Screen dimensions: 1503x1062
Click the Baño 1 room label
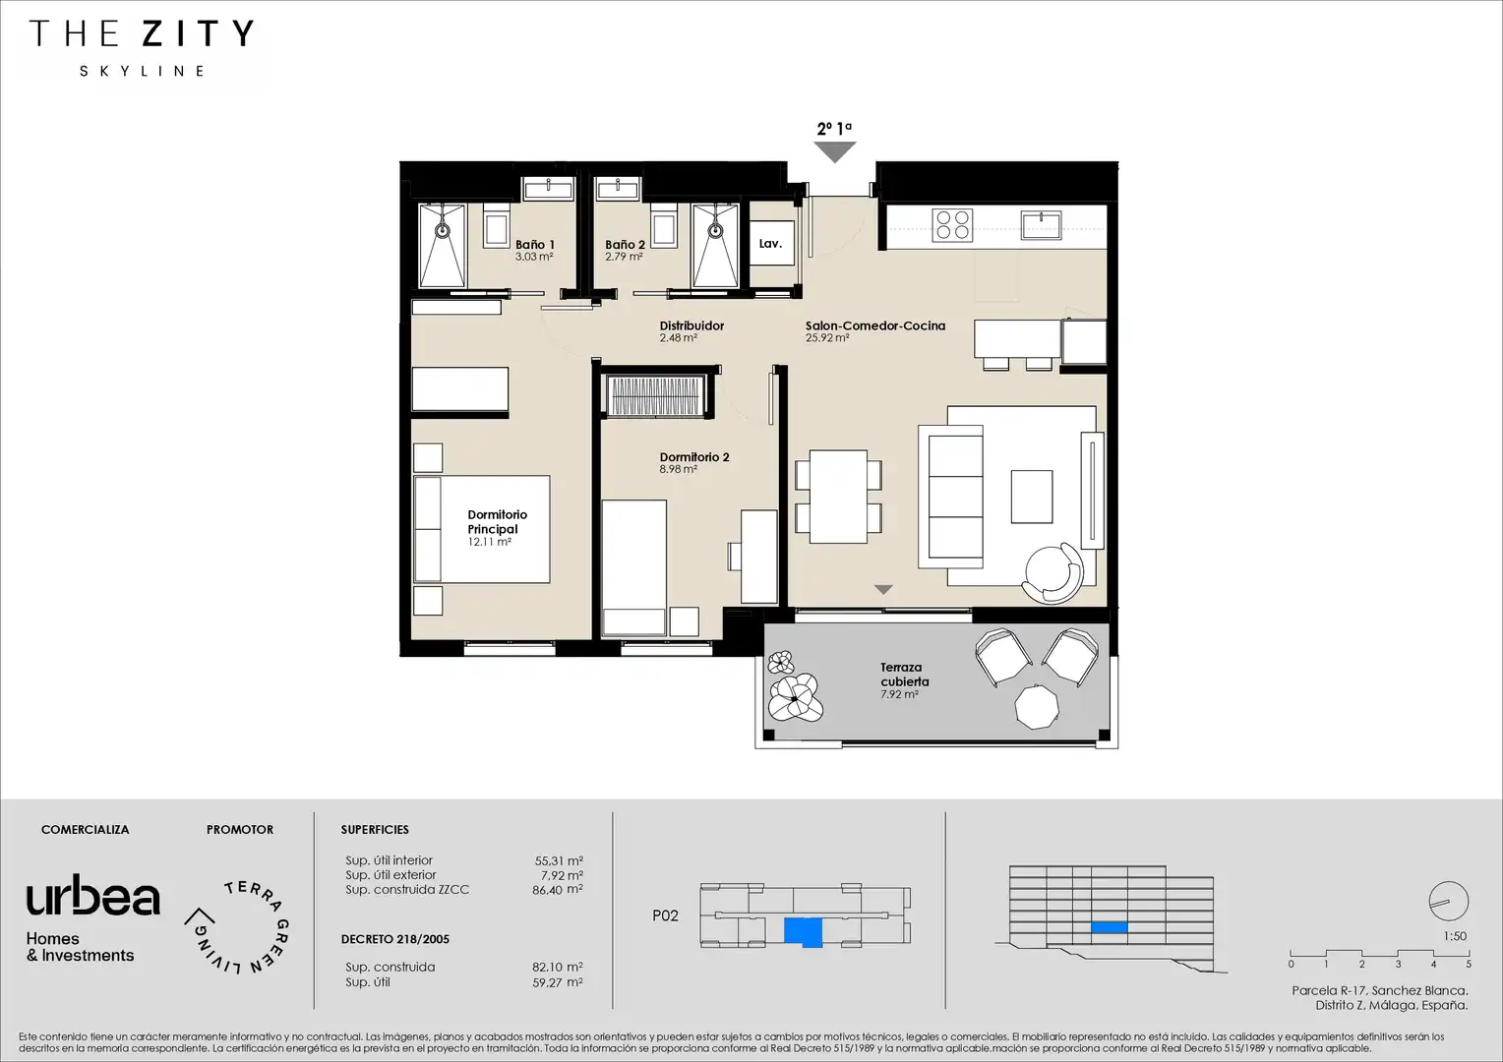point(535,245)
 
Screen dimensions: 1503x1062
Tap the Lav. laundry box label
point(770,244)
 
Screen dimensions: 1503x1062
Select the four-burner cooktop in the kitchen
point(952,225)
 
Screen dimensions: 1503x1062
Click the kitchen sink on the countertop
point(1041,224)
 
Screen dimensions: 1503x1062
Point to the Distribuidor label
point(691,326)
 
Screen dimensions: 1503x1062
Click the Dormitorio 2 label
point(694,457)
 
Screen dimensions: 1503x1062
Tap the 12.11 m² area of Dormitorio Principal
point(490,542)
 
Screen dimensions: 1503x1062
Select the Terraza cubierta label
point(905,675)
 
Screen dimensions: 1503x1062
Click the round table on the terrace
point(1037,706)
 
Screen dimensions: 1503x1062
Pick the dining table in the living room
point(839,497)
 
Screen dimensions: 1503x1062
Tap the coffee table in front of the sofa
point(1032,497)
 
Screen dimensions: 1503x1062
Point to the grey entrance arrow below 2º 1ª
point(835,152)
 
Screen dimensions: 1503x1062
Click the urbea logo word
point(93,895)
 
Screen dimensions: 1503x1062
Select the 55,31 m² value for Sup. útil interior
point(559,860)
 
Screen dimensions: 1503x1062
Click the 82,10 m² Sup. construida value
point(558,968)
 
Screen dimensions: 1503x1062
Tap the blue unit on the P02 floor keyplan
point(804,932)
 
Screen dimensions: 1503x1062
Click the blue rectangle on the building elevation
point(1110,928)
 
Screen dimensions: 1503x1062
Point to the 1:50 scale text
point(1455,936)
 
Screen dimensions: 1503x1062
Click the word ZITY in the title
point(199,33)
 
